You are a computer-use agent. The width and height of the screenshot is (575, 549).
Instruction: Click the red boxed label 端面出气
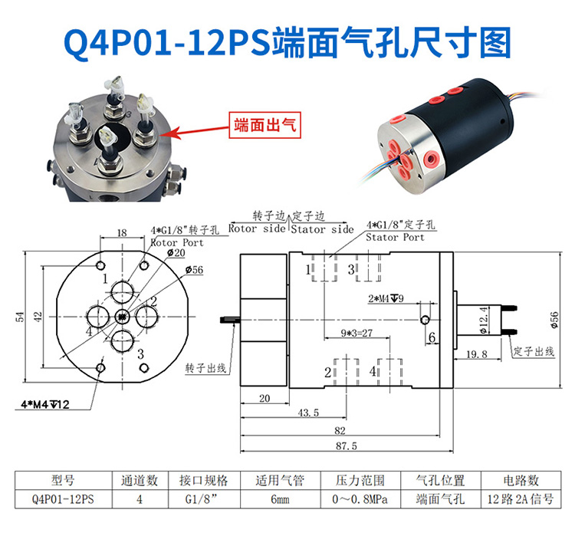click(x=264, y=125)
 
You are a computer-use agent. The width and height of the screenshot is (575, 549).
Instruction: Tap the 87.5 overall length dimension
click(x=347, y=446)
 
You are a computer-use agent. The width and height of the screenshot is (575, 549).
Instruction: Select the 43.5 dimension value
click(x=308, y=413)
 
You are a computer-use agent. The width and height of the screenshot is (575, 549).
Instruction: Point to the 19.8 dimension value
click(x=477, y=354)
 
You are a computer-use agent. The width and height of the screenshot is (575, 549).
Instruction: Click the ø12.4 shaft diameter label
click(x=484, y=320)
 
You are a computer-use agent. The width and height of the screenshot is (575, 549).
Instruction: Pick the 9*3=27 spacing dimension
click(x=356, y=333)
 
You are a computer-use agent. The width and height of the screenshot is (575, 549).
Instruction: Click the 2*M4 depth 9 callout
click(x=386, y=298)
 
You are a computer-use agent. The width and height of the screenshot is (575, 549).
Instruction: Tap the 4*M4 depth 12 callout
click(x=45, y=405)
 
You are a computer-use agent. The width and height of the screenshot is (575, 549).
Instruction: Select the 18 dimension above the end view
click(x=122, y=232)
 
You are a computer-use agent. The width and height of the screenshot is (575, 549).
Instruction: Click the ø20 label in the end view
click(x=176, y=253)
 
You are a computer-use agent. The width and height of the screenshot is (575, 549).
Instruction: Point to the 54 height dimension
click(x=19, y=317)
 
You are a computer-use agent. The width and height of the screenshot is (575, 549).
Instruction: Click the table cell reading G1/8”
click(x=201, y=499)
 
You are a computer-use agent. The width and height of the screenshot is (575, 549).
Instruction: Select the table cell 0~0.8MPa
click(x=360, y=499)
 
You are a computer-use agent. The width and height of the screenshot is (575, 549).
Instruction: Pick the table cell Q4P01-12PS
click(x=63, y=499)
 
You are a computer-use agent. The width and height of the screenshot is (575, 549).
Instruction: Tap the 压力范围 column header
click(x=360, y=481)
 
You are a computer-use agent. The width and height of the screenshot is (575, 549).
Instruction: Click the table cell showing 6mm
click(x=280, y=499)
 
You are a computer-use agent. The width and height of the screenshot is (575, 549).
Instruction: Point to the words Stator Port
click(x=395, y=237)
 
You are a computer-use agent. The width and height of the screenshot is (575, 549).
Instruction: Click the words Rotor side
click(x=257, y=228)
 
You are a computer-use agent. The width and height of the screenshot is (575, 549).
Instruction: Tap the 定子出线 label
click(x=534, y=351)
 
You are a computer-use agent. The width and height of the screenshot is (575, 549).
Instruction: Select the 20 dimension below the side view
click(x=264, y=398)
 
